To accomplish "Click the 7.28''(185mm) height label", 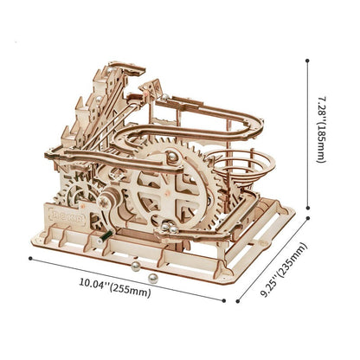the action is click(x=321, y=130).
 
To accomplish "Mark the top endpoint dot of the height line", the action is click(x=307, y=61).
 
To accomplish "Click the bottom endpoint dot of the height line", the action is click(x=308, y=208).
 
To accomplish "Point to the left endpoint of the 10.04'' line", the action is click(x=30, y=259).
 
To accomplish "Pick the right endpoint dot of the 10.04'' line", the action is click(x=224, y=300).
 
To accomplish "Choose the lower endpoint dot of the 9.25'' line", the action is click(x=238, y=301).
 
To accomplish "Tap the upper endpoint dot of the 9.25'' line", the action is click(x=308, y=218).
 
